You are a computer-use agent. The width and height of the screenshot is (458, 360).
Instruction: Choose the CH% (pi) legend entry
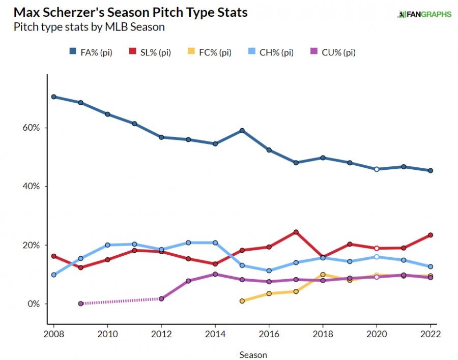click(x=272, y=52)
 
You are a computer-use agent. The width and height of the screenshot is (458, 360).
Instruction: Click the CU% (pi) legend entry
click(x=333, y=52)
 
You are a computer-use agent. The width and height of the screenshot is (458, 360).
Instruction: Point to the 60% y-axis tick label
click(x=30, y=128)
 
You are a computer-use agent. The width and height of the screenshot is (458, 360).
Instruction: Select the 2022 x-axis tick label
click(x=430, y=334)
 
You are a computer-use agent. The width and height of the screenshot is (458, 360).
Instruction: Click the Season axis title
click(x=253, y=355)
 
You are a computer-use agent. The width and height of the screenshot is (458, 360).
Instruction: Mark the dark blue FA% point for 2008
click(x=53, y=97)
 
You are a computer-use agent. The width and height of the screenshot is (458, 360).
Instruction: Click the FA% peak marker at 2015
click(x=242, y=131)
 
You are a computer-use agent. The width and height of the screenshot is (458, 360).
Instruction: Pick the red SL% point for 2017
click(x=296, y=232)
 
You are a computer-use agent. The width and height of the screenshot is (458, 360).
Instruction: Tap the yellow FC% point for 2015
click(x=242, y=301)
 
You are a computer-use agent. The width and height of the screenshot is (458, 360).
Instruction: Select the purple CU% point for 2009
click(x=80, y=304)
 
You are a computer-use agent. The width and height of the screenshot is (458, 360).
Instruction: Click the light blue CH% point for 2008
click(x=53, y=275)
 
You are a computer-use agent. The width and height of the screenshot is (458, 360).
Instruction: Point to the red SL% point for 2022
click(x=430, y=235)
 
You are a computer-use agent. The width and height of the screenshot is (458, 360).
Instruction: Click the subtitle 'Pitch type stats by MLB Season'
click(x=89, y=27)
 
